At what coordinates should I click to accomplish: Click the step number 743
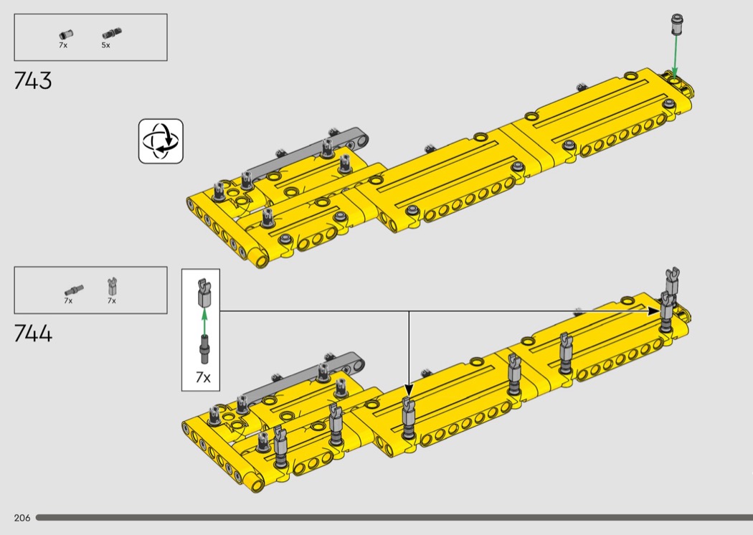coord(33,81)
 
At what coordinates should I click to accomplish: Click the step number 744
coord(33,333)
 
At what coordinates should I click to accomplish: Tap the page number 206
coord(22,518)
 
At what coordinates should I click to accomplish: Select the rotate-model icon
coord(161,141)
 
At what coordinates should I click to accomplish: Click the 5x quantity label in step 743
coord(105,45)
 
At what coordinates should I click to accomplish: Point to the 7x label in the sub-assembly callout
coord(203,377)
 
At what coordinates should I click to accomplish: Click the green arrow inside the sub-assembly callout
coord(204,322)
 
